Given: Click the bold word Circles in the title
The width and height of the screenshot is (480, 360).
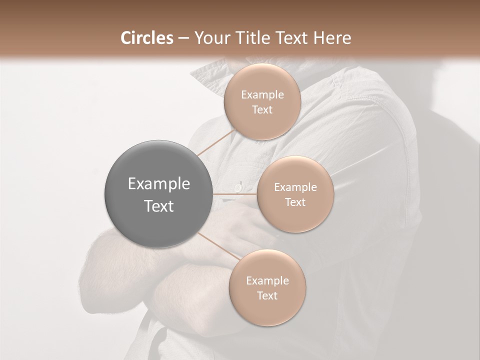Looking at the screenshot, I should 146,38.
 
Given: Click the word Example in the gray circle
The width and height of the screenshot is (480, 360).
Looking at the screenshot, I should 159,184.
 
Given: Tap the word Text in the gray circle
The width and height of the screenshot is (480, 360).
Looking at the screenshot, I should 159,206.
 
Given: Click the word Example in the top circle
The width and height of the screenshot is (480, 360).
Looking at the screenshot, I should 262,95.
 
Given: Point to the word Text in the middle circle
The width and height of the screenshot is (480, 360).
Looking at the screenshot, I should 295,202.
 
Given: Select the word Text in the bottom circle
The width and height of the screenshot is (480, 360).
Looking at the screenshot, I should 267,295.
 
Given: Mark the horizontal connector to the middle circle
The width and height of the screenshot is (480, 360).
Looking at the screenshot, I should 235,194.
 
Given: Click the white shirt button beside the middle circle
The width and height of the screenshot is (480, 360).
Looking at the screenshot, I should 239,186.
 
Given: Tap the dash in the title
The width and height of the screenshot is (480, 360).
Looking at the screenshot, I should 183,38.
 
